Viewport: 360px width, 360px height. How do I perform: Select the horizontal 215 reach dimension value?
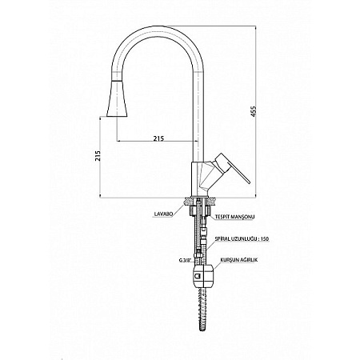point(158,138)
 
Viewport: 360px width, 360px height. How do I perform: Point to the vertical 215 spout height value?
point(98,155)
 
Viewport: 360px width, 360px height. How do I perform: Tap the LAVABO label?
point(163,214)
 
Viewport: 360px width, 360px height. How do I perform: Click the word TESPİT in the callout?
point(222,217)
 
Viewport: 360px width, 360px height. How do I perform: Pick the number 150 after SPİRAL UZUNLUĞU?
point(265,239)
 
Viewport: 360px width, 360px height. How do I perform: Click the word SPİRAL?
point(222,239)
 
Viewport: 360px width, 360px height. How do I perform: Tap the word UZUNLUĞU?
point(244,239)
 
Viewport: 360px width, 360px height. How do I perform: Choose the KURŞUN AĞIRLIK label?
point(239,260)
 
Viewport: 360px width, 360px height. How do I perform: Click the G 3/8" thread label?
point(184,261)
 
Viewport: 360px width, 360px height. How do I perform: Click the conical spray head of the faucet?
point(117,98)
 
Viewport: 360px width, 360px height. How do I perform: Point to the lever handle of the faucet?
point(231,168)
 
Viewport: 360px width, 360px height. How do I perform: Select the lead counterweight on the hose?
point(203,275)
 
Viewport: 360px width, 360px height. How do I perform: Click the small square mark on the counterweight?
point(198,276)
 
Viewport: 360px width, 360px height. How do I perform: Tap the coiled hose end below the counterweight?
point(203,309)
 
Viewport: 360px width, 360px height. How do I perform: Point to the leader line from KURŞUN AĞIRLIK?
point(217,266)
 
